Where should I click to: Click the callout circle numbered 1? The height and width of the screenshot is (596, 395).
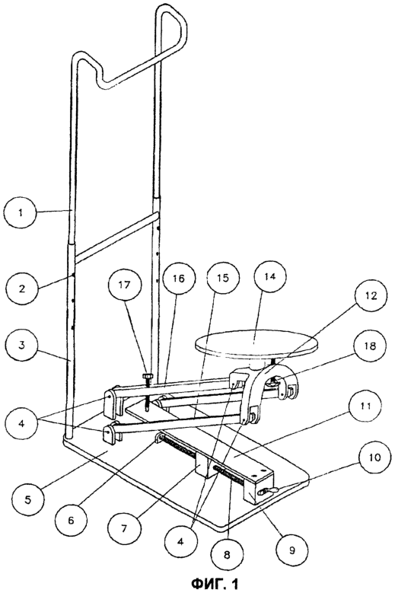click(21, 212)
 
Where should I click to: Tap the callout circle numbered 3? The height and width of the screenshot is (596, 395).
click(21, 346)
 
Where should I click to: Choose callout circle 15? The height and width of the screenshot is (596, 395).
click(224, 278)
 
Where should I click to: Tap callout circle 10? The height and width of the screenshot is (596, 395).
click(374, 457)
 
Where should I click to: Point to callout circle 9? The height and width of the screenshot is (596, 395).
click(291, 551)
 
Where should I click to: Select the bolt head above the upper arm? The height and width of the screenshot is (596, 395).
click(148, 376)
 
